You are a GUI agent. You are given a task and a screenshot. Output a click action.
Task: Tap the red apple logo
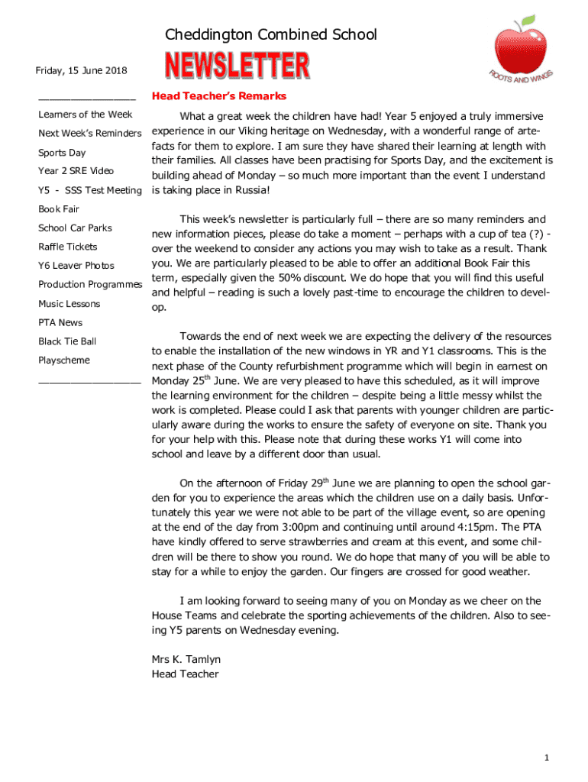tap(520, 45)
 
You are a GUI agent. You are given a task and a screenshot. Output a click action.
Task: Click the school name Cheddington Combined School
tap(271, 34)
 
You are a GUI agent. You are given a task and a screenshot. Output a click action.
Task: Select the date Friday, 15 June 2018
tap(82, 71)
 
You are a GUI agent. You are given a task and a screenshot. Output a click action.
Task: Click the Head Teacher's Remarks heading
tap(219, 96)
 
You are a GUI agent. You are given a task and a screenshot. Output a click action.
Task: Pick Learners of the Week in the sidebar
tap(86, 115)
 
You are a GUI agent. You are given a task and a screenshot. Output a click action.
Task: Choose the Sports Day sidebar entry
tap(62, 153)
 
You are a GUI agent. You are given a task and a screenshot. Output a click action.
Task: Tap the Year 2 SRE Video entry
tap(76, 171)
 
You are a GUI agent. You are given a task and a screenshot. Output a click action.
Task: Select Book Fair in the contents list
tap(59, 209)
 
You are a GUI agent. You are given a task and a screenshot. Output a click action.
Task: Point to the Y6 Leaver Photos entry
tap(76, 266)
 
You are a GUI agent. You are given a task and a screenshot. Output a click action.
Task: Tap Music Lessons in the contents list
tap(69, 304)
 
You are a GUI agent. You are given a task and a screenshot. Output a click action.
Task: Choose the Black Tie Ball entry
tap(67, 341)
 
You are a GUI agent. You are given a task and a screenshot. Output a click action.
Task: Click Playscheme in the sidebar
tap(64, 360)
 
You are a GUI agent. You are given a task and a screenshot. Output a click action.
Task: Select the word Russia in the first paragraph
tap(248, 190)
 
